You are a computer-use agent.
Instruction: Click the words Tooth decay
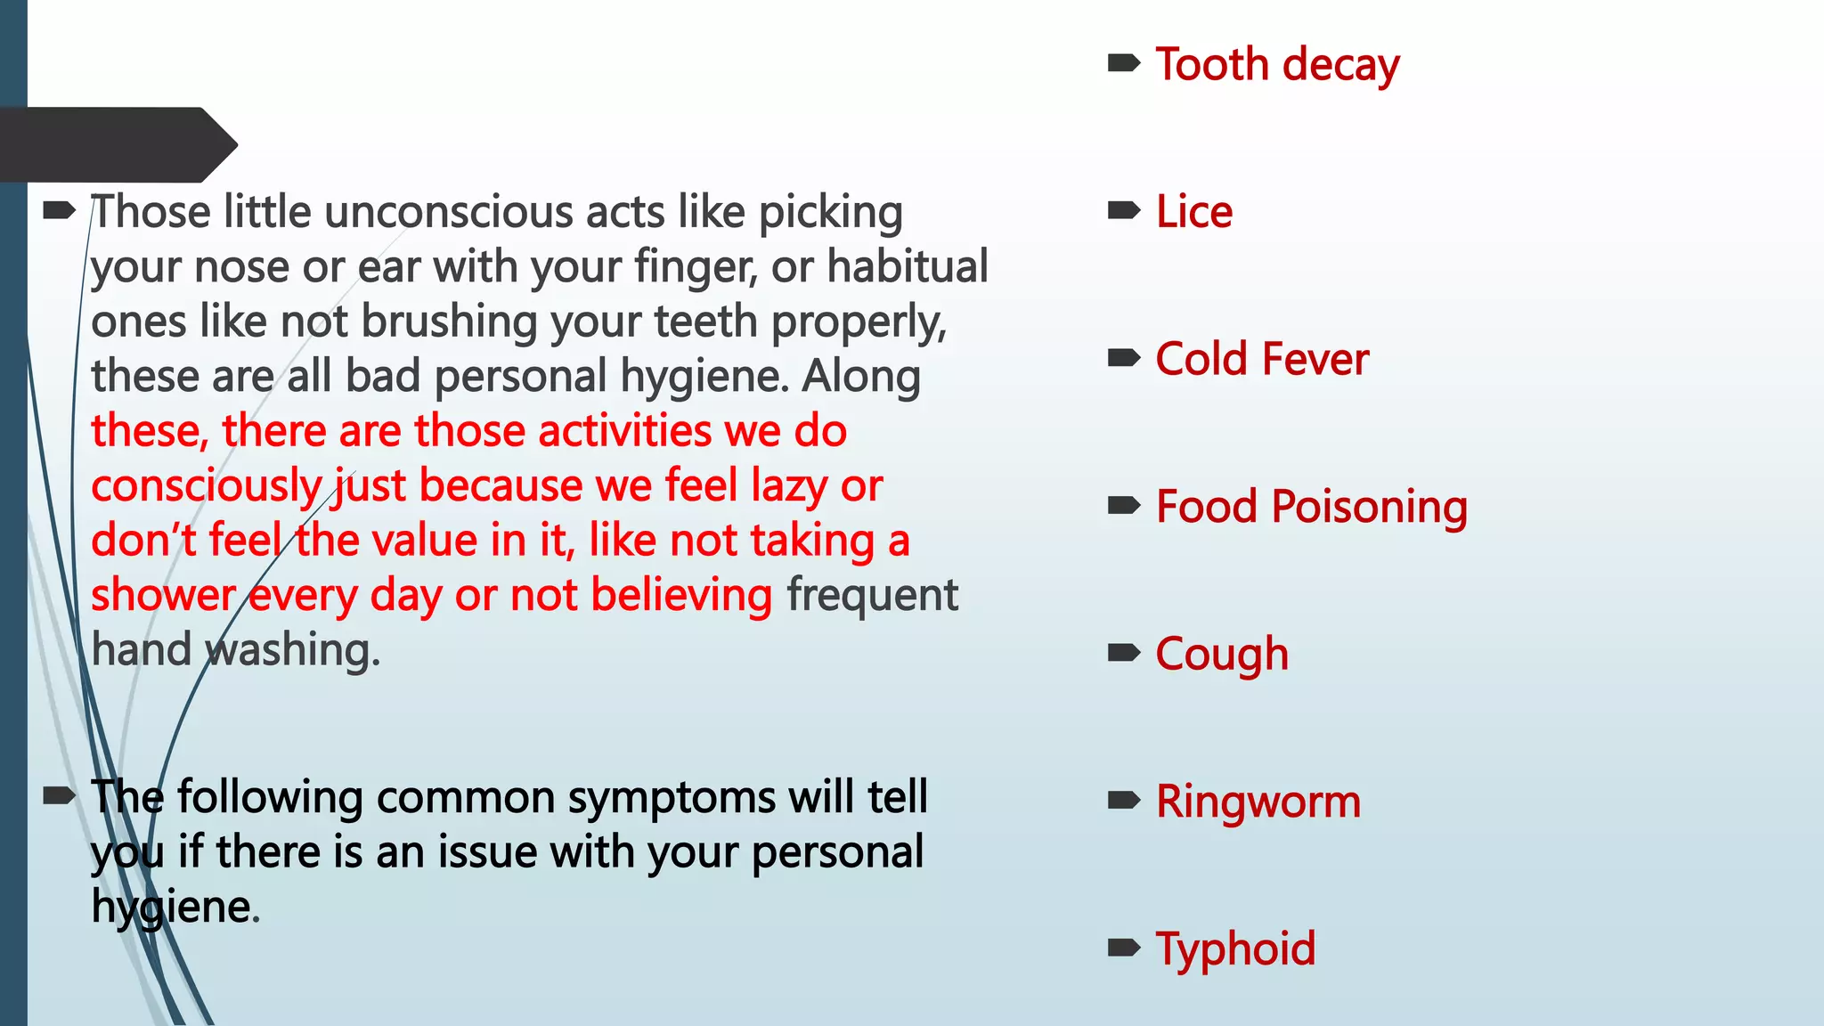click(x=1277, y=65)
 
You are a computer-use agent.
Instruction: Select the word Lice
click(x=1193, y=213)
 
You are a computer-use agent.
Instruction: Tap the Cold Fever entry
click(x=1261, y=360)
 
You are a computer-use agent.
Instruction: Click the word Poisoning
click(x=1369, y=508)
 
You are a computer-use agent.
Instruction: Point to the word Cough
click(x=1221, y=655)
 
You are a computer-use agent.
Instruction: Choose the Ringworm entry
click(x=1258, y=802)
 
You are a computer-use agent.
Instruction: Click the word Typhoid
click(x=1235, y=949)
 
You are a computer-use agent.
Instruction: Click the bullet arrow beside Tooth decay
click(x=1124, y=63)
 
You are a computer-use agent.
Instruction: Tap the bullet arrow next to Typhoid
click(x=1124, y=948)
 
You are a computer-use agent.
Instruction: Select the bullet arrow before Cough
click(x=1124, y=654)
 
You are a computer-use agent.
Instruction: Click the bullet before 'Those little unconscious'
click(x=60, y=211)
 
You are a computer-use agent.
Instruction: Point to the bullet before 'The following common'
click(x=60, y=796)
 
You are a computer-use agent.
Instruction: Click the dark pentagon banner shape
click(x=116, y=144)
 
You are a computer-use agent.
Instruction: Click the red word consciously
click(x=206, y=487)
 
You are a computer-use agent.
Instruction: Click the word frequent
click(x=872, y=596)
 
